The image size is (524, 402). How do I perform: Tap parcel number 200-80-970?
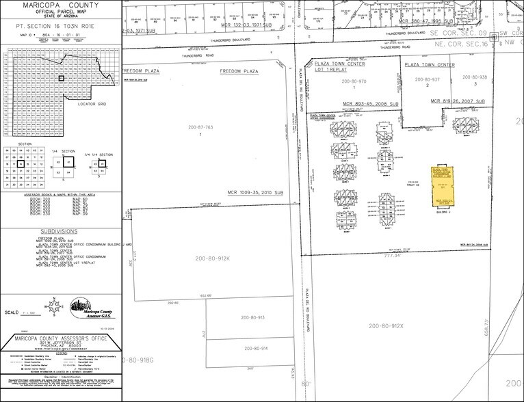354,81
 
